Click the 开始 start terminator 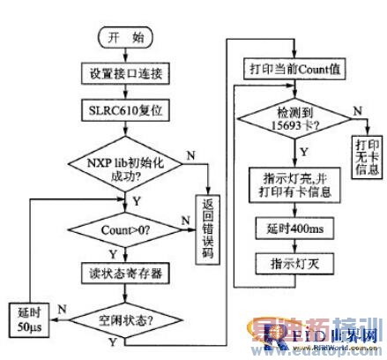tap(124, 39)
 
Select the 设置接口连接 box tap(124, 71)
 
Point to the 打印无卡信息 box tap(366, 157)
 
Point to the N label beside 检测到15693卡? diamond tap(355, 109)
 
